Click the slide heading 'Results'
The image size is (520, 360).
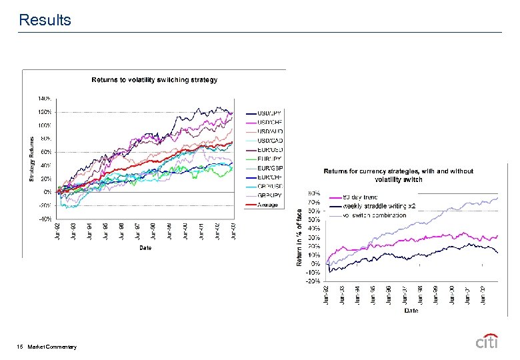[45, 20]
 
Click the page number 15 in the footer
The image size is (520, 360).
[21, 347]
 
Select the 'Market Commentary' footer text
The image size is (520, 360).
[53, 347]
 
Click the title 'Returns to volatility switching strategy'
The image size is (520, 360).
[154, 80]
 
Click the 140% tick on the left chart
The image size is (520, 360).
[45, 98]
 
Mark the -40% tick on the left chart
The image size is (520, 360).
[45, 219]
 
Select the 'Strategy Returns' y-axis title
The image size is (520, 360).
[31, 159]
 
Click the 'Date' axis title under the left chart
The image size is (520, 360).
[145, 248]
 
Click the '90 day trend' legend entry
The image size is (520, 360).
[361, 197]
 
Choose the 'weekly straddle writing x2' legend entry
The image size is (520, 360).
[379, 206]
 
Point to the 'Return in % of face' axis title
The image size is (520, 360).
[299, 237]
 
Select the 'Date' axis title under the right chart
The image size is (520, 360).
[411, 310]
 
